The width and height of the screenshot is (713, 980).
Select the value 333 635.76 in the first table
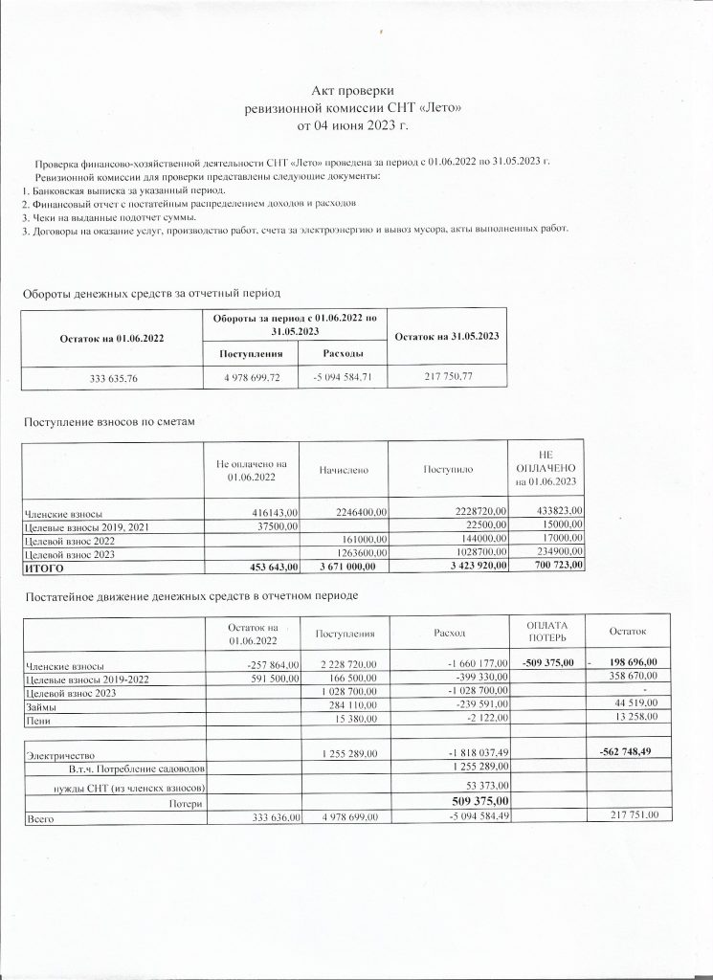(113, 379)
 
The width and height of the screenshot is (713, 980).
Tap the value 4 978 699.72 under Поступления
(251, 379)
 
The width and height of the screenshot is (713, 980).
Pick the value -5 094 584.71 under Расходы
(343, 379)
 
